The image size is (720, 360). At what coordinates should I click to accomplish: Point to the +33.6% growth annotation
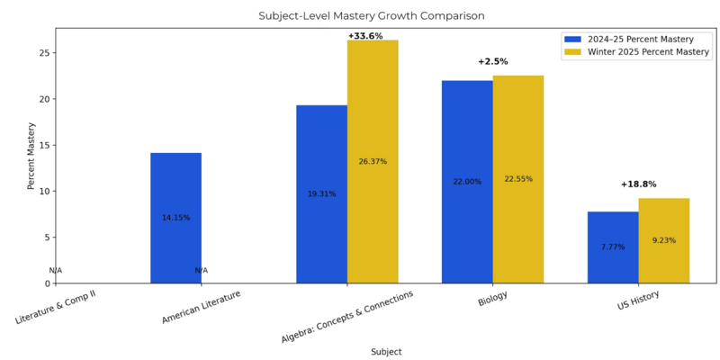click(365, 36)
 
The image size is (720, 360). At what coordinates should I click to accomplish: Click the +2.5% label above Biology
click(493, 61)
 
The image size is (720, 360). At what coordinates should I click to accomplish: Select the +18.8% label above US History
click(638, 184)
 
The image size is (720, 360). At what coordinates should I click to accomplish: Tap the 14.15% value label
click(175, 218)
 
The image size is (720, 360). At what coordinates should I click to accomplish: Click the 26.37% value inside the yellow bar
click(373, 162)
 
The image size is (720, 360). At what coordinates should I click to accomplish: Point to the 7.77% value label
click(613, 247)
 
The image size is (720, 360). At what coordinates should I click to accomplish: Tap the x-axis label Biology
click(492, 300)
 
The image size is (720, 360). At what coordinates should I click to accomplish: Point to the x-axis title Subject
click(386, 352)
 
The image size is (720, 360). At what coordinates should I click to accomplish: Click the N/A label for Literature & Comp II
click(56, 271)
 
